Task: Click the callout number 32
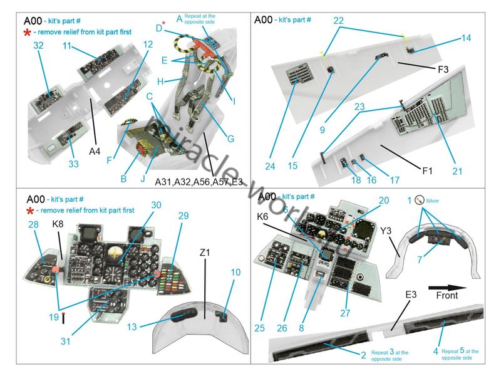click(38, 45)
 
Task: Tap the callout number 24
click(270, 166)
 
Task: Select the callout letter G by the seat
click(230, 138)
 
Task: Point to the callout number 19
click(54, 318)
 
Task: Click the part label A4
click(94, 151)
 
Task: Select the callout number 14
click(465, 39)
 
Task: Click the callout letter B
click(123, 179)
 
